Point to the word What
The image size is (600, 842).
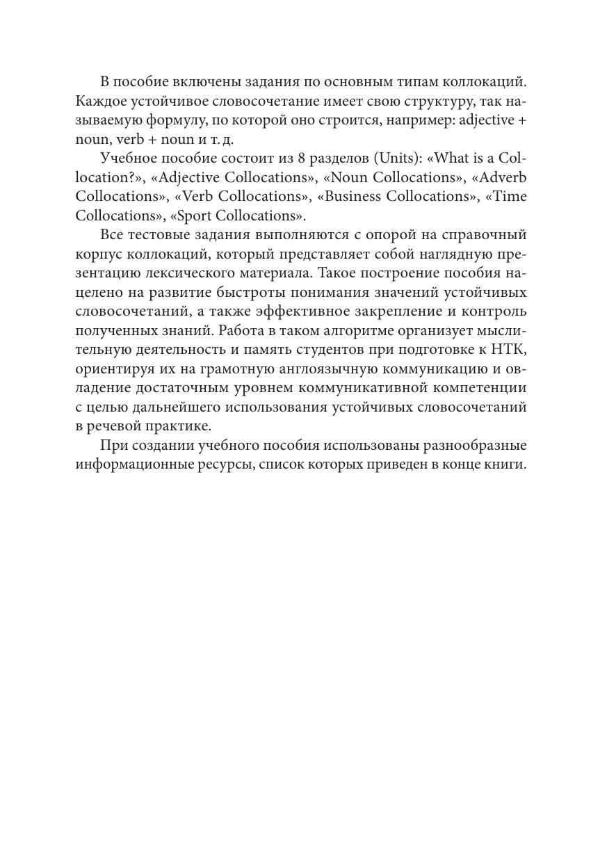[451, 159]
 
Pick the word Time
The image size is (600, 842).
[508, 196]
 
